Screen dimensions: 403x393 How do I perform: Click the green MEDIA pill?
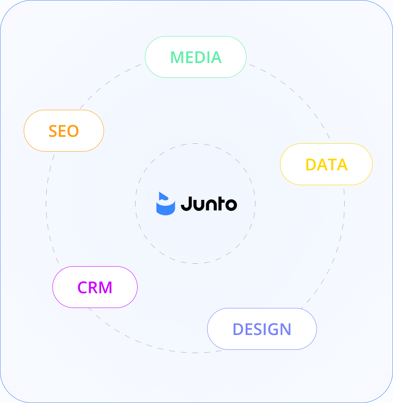[196, 57]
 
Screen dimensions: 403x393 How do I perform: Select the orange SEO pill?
[63, 131]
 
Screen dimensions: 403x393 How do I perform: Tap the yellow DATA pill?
[326, 164]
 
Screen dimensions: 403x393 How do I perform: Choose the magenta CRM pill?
[95, 287]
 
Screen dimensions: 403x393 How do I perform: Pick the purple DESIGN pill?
[262, 329]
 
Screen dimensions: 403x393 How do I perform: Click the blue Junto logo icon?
[165, 204]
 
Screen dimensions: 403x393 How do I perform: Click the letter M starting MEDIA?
[177, 57]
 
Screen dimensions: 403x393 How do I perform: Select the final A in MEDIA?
[215, 57]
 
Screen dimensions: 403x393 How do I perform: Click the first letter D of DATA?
[312, 165]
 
